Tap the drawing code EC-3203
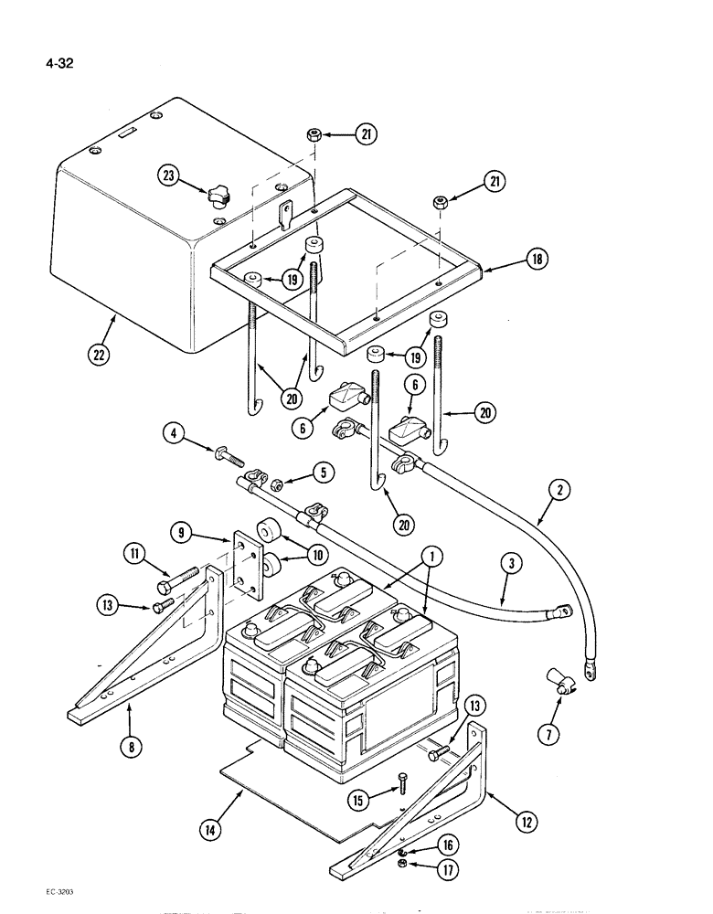point(34,890)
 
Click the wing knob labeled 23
point(218,193)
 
